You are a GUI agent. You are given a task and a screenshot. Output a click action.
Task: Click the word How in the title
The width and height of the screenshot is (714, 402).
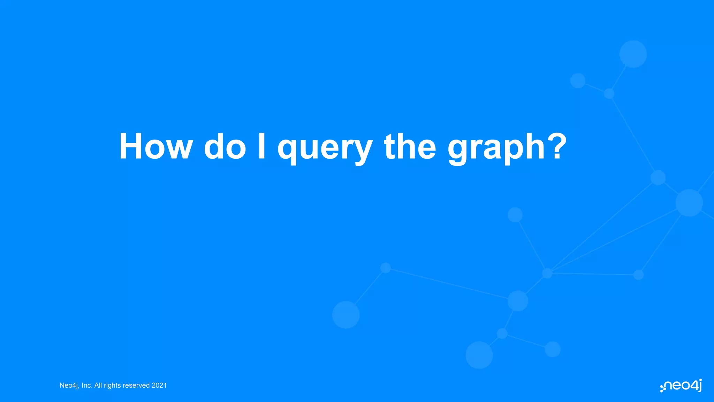click(155, 147)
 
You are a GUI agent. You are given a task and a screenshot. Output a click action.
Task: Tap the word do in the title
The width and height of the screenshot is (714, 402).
click(225, 147)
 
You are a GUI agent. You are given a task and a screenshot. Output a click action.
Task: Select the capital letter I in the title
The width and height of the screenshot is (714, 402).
click(261, 147)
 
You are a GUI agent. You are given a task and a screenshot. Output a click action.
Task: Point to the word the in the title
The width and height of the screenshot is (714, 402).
click(410, 147)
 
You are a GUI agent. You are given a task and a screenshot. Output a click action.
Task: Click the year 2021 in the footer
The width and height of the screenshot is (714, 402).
click(159, 386)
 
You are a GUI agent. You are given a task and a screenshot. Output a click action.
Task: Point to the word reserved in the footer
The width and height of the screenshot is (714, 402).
click(136, 386)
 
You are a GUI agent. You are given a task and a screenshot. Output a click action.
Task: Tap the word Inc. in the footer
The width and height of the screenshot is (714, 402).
click(87, 386)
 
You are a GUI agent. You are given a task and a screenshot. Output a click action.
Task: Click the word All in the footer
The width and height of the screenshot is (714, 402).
click(98, 386)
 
